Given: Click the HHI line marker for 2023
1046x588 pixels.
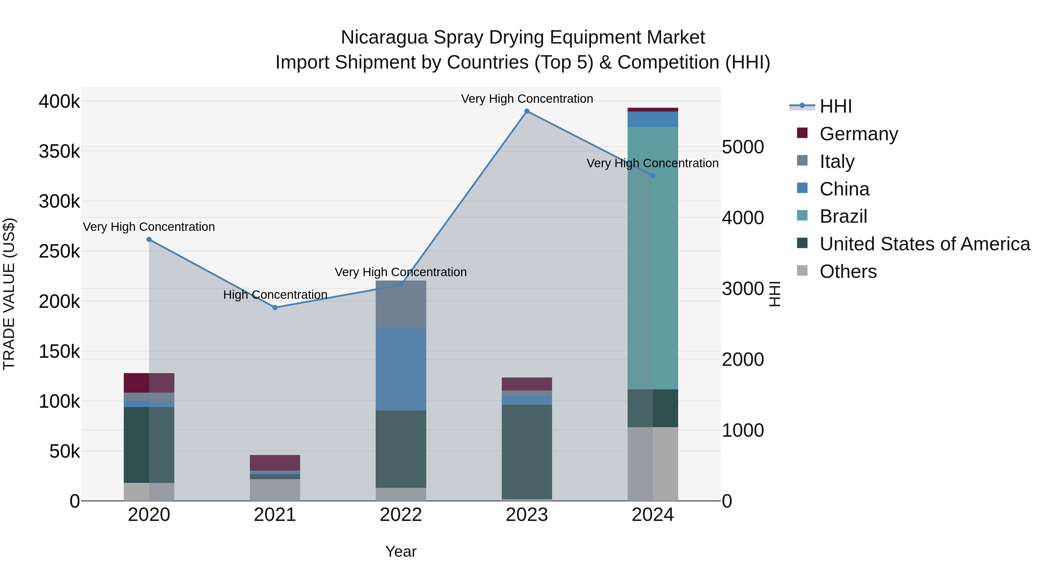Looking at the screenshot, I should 527,111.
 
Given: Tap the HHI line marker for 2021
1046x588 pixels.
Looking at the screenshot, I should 275,308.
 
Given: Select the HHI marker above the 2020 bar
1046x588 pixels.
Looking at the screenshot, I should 149,240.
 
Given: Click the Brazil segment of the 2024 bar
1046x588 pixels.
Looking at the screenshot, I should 653,258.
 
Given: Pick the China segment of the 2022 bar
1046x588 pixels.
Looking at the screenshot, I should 401,369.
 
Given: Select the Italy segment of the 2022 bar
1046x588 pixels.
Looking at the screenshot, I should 401,304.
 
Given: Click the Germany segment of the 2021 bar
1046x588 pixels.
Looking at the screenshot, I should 275,463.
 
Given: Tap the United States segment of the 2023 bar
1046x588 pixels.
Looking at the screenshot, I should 527,451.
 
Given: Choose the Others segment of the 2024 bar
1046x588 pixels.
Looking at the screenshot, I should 653,463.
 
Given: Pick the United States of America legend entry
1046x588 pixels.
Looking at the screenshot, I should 924,244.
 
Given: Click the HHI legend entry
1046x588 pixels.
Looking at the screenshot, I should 835,106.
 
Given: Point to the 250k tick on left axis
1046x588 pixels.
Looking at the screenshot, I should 59,251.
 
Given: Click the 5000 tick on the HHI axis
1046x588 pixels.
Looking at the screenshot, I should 743,147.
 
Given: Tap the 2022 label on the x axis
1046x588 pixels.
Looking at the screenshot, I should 401,515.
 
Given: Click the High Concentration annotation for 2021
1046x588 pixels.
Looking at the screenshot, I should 275,295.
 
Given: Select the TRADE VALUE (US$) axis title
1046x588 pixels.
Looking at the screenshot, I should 9,294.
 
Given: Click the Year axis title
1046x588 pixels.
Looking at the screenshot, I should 401,551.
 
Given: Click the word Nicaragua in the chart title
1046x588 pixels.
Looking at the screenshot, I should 384,37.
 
